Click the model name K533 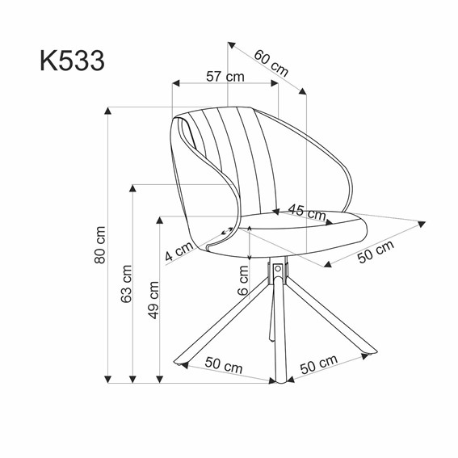(70, 60)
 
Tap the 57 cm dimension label (225, 77)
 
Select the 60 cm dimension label (271, 63)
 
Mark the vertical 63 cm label (125, 285)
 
